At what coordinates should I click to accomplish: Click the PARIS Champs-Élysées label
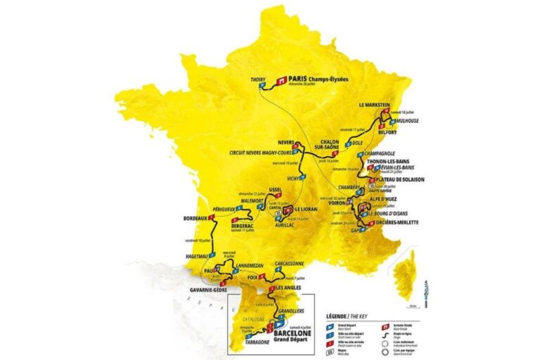pyautogui.click(x=320, y=79)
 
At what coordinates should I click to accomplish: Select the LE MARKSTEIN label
pyautogui.click(x=374, y=104)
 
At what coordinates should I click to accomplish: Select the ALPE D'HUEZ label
pyautogui.click(x=385, y=199)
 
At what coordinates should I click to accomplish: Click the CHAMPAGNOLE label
pyautogui.click(x=388, y=152)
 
